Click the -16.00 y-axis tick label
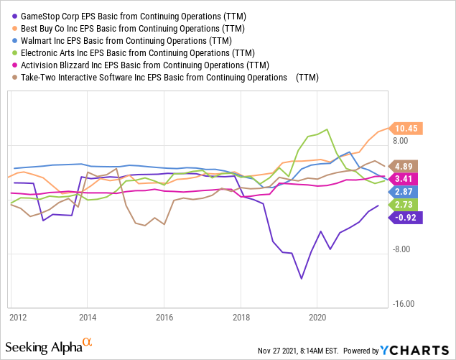[x=405, y=304]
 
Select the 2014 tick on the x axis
[x=88, y=316]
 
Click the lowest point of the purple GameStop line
[x=301, y=279]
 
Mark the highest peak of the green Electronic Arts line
[x=327, y=129]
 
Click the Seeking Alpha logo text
[x=45, y=348]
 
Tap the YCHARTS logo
[x=417, y=350]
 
